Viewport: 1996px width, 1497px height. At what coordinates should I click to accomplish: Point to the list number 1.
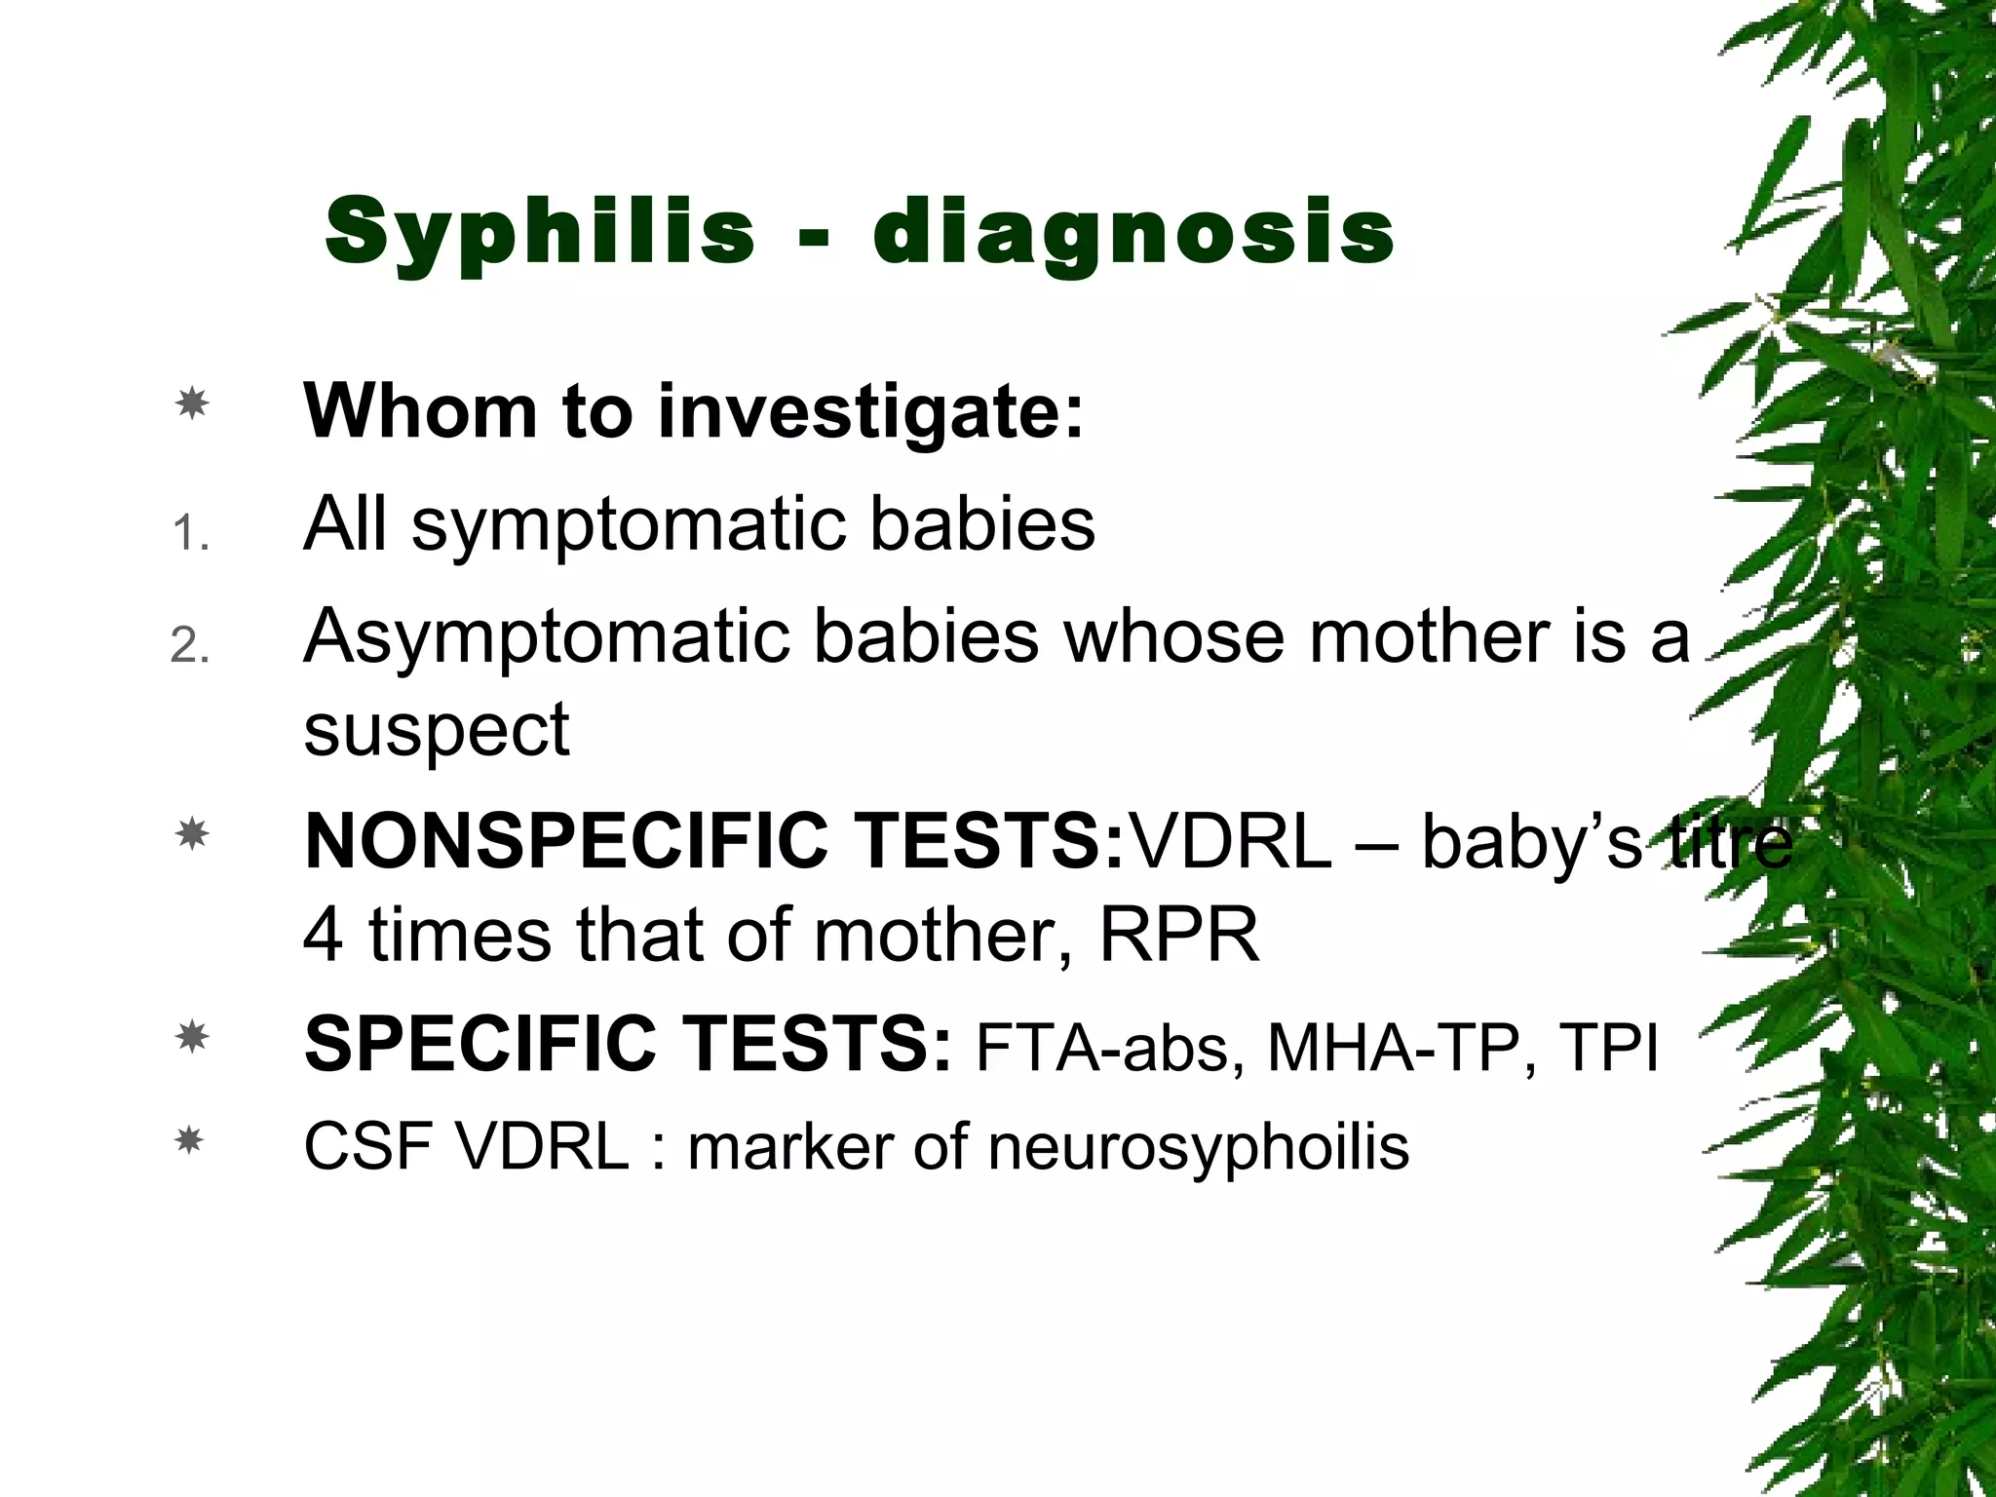(x=189, y=534)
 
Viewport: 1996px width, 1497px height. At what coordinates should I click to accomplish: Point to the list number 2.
(x=189, y=645)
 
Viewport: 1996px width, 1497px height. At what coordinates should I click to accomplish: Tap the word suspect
(x=436, y=730)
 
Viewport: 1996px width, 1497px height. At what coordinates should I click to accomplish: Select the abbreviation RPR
(x=1178, y=935)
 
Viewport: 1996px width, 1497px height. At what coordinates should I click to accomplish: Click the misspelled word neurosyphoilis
(x=1198, y=1148)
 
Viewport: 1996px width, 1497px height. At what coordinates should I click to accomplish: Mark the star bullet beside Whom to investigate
(x=192, y=403)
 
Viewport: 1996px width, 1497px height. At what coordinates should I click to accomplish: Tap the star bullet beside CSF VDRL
(x=189, y=1139)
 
